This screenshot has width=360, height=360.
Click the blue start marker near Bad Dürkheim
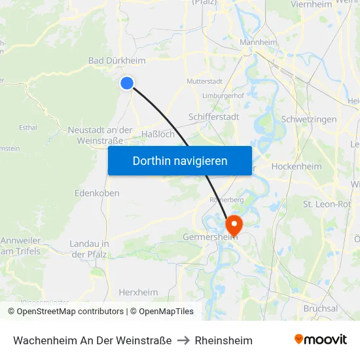tap(127, 82)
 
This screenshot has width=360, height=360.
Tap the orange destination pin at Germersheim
tap(233, 226)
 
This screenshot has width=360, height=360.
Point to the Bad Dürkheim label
tap(117, 61)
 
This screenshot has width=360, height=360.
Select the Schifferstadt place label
tap(213, 117)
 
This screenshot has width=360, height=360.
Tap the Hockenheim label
tap(296, 166)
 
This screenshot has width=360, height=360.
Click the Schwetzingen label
tap(308, 119)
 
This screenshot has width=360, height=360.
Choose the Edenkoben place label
tap(97, 194)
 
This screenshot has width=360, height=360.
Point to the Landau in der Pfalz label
tap(89, 249)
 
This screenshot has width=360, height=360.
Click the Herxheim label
tap(138, 293)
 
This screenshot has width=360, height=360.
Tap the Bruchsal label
tap(321, 308)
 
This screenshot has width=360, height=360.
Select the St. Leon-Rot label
tap(327, 204)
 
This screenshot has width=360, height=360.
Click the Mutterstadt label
tap(204, 82)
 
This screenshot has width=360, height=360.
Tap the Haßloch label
tap(158, 134)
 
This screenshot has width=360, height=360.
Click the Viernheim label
tap(310, 5)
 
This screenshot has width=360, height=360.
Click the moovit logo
tap(320, 340)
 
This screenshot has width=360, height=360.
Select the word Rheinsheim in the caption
tap(223, 340)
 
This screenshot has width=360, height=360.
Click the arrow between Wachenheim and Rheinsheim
tap(183, 340)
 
